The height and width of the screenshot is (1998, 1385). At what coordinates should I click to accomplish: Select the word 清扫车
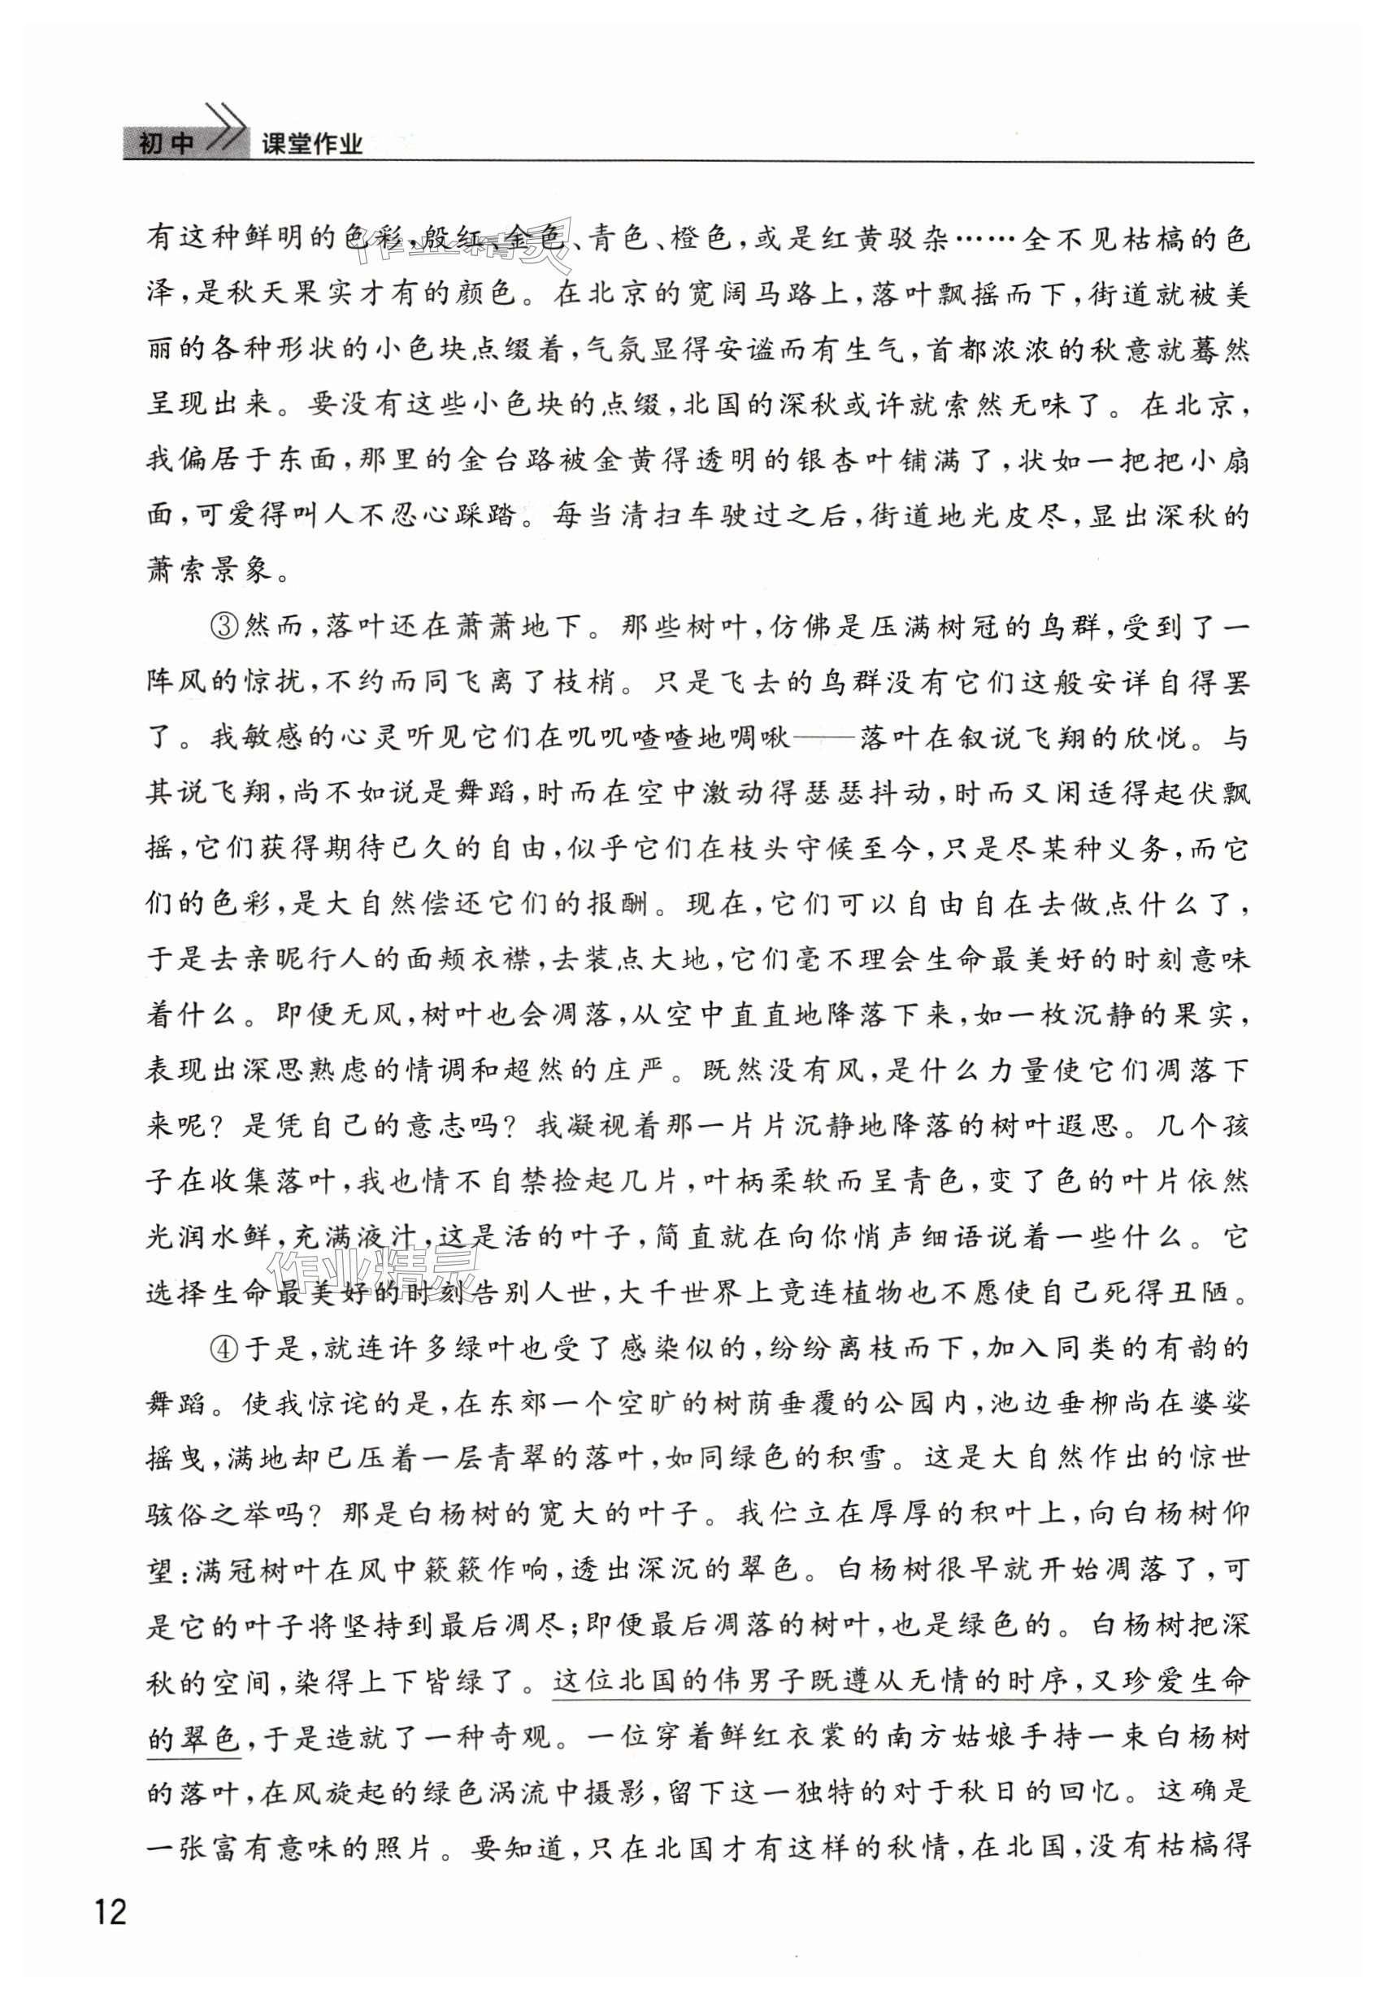point(683,516)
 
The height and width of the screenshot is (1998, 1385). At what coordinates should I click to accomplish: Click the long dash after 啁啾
point(824,739)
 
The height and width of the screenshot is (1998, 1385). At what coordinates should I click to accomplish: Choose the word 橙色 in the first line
point(700,239)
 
